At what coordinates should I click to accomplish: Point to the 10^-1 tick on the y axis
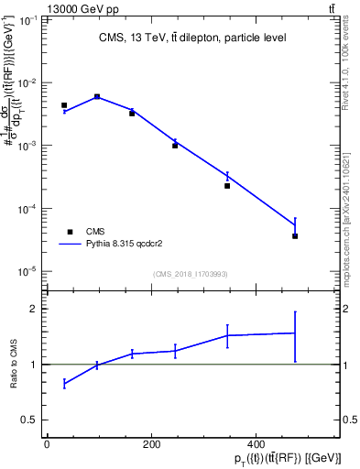click(30, 19)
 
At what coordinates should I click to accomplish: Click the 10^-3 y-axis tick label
click(30, 146)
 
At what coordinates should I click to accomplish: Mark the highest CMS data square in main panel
click(97, 96)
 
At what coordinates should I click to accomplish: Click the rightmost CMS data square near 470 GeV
click(295, 236)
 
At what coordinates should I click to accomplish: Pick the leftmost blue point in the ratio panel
click(64, 384)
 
